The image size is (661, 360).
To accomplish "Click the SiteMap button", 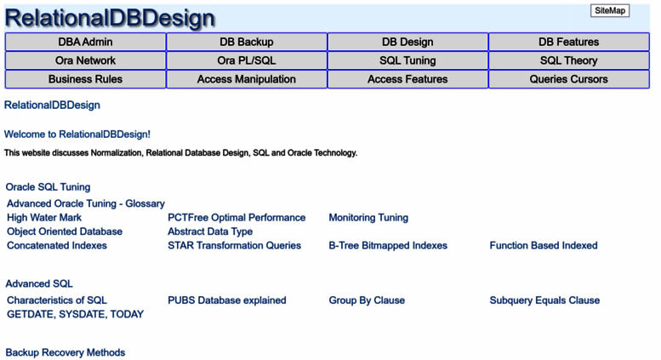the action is click(x=610, y=10).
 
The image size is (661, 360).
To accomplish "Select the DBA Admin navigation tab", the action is click(x=85, y=42).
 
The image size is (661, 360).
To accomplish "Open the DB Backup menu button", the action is click(x=247, y=42).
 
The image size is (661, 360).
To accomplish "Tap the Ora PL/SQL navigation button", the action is click(x=247, y=60).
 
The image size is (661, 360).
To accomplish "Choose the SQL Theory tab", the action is click(x=568, y=60).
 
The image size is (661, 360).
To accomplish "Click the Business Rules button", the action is click(x=85, y=79).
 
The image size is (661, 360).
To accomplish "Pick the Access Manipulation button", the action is click(x=247, y=79).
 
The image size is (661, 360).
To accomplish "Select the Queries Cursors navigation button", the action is click(x=568, y=79).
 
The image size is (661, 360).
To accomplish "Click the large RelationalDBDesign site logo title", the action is click(x=110, y=18).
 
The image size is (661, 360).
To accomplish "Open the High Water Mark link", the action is click(x=44, y=218).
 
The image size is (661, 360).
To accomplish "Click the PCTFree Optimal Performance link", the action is click(x=236, y=218).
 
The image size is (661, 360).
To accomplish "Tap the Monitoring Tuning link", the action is click(x=368, y=218).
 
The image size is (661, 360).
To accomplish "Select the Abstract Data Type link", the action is click(x=210, y=231).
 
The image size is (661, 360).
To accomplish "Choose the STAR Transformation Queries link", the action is click(x=235, y=245).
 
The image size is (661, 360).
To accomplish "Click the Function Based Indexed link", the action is click(x=544, y=245).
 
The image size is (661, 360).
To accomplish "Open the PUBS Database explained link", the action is click(x=227, y=300).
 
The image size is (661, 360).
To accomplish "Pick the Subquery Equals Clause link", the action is click(x=544, y=300).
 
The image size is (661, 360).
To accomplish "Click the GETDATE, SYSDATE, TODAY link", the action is click(x=75, y=314).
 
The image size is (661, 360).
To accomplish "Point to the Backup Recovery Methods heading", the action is click(x=66, y=352).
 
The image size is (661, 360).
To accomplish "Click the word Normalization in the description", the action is click(x=117, y=152).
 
